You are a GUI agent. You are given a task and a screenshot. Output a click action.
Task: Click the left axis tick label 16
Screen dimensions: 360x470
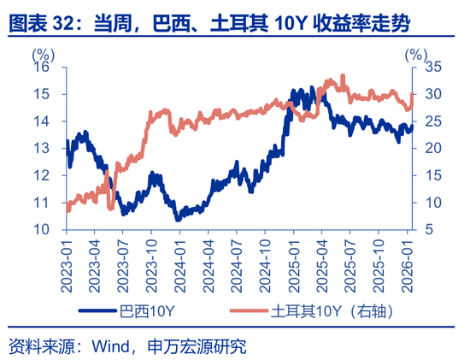(41, 68)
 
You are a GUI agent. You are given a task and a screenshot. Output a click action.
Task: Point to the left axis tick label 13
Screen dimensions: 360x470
(41, 149)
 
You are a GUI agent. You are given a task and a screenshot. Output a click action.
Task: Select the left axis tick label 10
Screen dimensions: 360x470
(41, 230)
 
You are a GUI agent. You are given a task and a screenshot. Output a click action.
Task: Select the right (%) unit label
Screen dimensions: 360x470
(416, 52)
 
